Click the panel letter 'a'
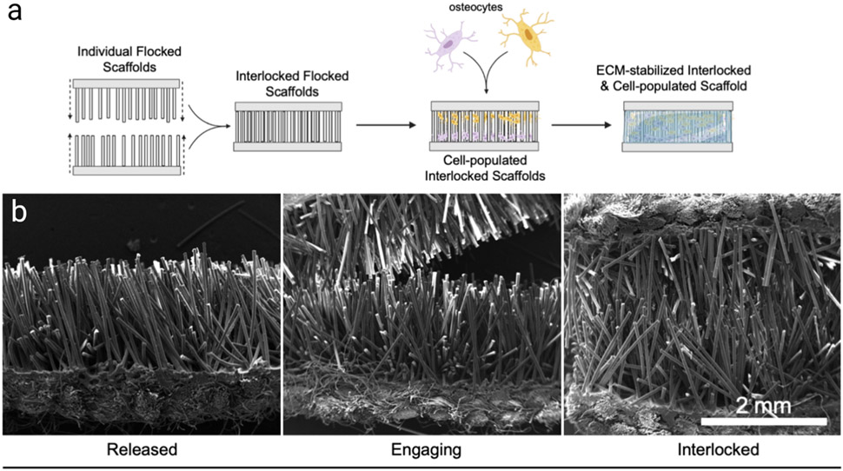click(15, 16)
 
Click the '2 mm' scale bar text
click(759, 406)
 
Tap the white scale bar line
click(762, 421)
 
